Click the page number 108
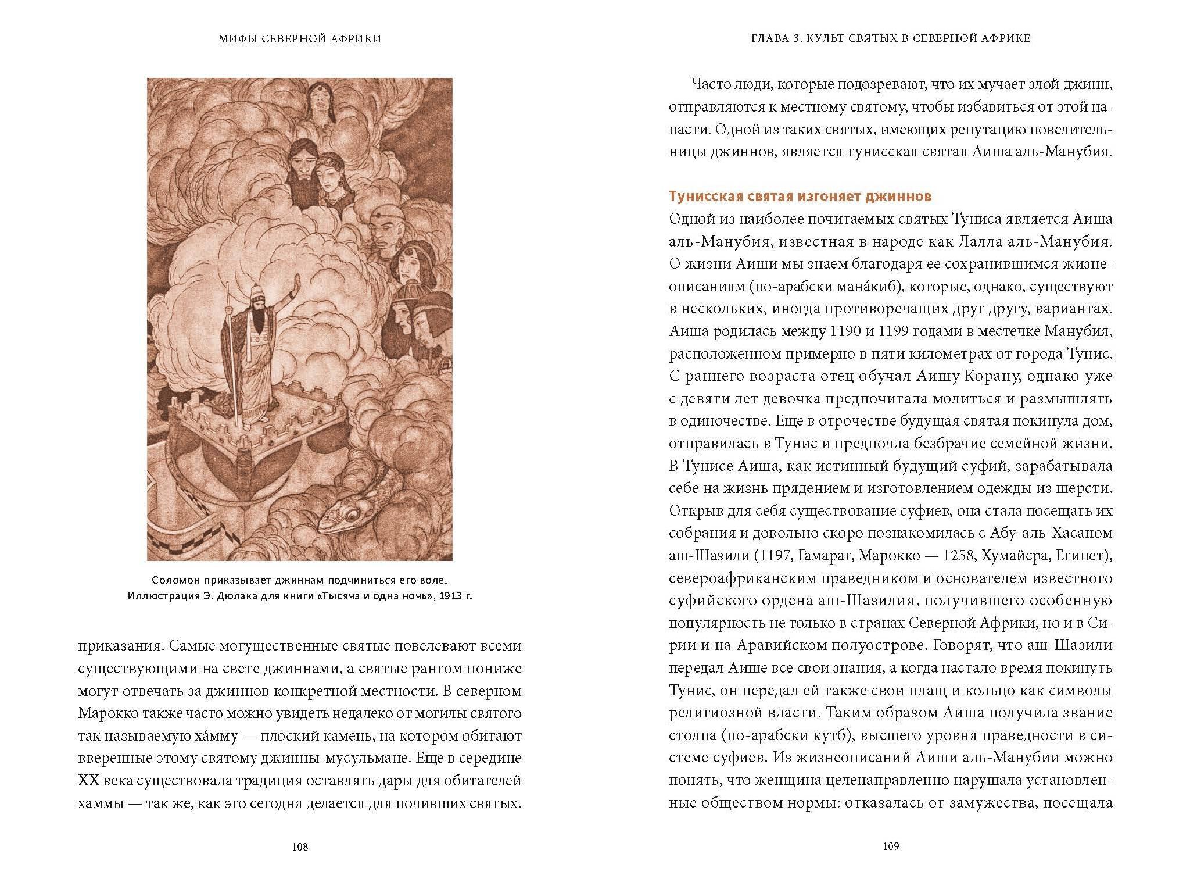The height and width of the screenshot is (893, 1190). coord(300,847)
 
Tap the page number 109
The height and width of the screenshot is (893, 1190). coord(891,847)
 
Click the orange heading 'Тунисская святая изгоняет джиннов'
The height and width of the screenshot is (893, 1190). coord(800,197)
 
